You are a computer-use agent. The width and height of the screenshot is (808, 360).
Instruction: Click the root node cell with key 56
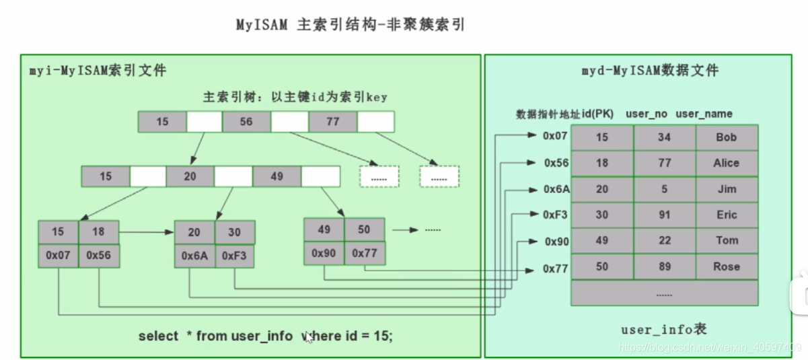[246, 122]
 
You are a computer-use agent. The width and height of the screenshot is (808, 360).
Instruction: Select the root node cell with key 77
[332, 122]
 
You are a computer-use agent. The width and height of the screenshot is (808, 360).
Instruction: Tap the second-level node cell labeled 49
[277, 176]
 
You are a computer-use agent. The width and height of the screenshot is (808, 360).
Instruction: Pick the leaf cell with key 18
[99, 231]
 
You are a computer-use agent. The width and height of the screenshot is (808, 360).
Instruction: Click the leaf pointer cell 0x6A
[194, 255]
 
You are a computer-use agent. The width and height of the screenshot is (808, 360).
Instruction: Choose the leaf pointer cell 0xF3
[235, 255]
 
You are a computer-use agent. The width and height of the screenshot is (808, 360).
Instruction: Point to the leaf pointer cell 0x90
[324, 252]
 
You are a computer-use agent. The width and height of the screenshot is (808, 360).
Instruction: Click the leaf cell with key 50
[364, 229]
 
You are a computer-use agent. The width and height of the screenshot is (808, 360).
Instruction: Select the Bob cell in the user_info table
[727, 137]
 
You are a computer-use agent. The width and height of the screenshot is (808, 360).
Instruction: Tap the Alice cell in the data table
[727, 164]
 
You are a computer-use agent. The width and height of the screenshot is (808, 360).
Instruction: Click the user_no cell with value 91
[665, 215]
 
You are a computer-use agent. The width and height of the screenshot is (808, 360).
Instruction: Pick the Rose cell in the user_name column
[727, 266]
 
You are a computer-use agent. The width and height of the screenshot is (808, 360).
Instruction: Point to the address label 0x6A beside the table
[556, 190]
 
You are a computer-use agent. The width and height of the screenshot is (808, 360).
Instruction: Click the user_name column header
[704, 114]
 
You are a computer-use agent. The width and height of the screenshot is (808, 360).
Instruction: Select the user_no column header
[647, 114]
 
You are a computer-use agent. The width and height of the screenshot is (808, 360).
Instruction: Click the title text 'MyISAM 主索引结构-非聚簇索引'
[351, 26]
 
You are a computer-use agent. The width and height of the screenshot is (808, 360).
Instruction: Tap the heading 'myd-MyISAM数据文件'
[650, 70]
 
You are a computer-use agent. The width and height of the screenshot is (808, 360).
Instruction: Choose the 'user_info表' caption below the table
[663, 330]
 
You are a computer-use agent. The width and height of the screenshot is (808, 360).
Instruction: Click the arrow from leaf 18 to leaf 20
[146, 232]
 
